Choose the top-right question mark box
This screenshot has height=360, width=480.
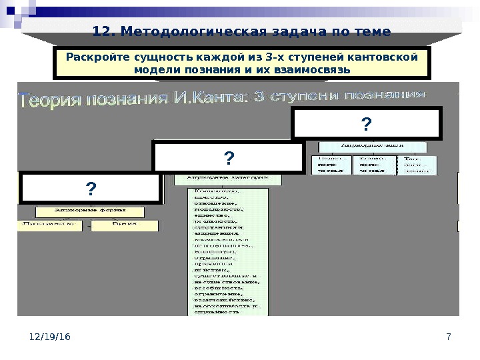click(x=366, y=125)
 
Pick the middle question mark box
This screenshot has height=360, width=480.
click(x=229, y=157)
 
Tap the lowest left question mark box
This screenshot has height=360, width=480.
click(x=90, y=189)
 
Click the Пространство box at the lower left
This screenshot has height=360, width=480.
click(x=51, y=225)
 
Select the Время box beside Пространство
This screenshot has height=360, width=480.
click(x=125, y=225)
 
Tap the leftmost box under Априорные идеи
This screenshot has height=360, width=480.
click(x=331, y=165)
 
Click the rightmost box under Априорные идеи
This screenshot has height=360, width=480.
click(x=417, y=165)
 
